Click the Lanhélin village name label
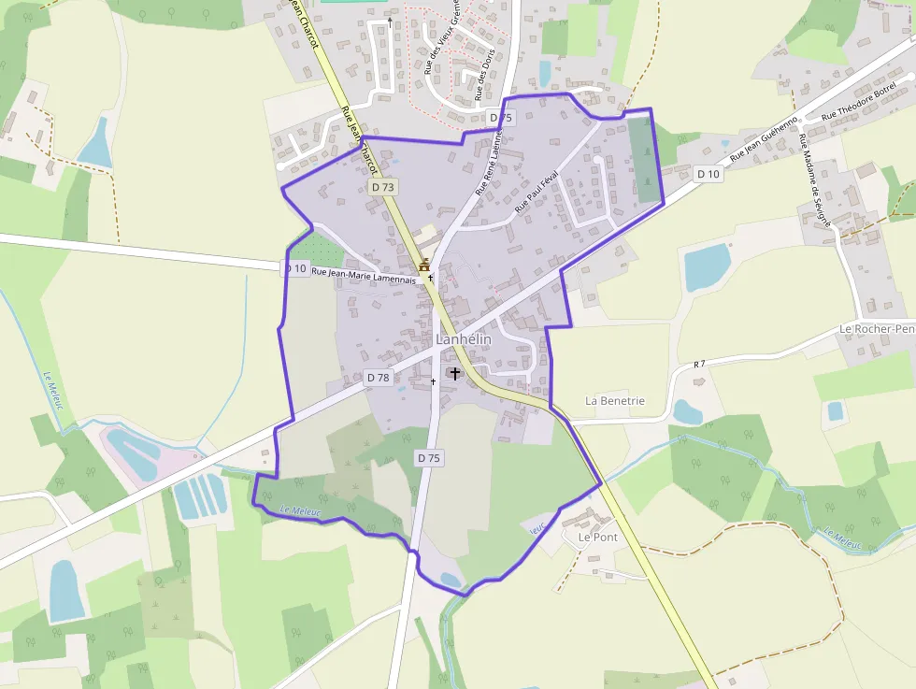coord(464,339)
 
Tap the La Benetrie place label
coord(614,400)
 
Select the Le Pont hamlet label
coord(597,538)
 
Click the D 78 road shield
coord(379,378)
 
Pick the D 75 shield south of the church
coord(429,458)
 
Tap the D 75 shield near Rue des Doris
coord(501,117)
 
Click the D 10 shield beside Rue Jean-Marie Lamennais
coord(294,268)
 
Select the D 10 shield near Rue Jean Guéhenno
coord(708,174)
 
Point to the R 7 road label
coord(699,363)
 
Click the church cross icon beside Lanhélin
coord(455,373)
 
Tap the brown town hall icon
coord(424,265)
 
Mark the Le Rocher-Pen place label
coord(877,329)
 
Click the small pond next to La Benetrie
coord(687,411)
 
